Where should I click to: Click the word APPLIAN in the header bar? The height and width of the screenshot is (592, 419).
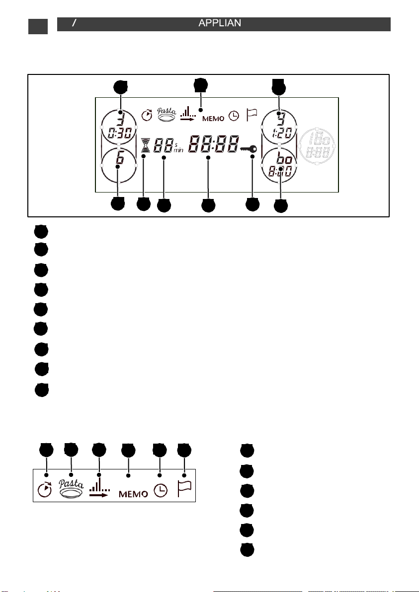click(220, 24)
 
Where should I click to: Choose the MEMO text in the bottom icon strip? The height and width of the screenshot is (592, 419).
click(133, 494)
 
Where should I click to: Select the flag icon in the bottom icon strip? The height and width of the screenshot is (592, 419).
click(185, 489)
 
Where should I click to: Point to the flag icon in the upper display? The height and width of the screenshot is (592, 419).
click(251, 115)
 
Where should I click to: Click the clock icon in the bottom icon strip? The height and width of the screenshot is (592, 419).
click(161, 491)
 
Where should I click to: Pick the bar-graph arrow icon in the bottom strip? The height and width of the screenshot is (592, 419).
click(100, 489)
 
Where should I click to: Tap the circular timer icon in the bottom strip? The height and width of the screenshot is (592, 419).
click(45, 489)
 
